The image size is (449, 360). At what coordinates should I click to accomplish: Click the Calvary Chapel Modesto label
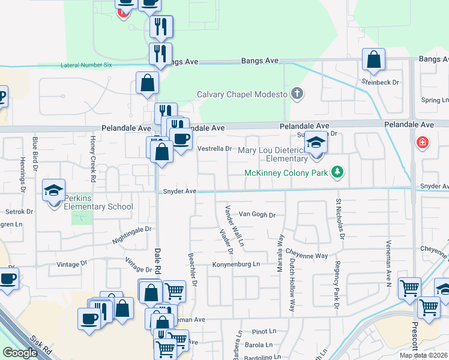(x=243, y=94)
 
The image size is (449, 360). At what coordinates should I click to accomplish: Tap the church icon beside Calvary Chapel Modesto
(x=297, y=94)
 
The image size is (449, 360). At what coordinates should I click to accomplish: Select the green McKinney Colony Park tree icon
(x=338, y=173)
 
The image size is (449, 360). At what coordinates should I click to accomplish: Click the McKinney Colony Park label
(x=286, y=173)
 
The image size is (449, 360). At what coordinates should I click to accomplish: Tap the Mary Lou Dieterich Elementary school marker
(x=316, y=143)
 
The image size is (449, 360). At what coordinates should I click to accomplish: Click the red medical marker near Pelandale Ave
(x=423, y=143)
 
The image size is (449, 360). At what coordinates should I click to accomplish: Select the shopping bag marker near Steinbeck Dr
(x=373, y=60)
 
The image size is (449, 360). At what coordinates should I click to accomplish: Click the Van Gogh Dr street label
(x=256, y=214)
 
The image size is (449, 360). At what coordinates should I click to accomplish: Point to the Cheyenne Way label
(x=306, y=256)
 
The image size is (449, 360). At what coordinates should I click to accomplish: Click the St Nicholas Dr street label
(x=340, y=219)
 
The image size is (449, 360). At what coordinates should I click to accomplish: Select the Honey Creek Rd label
(x=93, y=158)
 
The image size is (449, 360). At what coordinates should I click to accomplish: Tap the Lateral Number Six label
(x=86, y=65)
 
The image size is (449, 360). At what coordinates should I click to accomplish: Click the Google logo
(x=20, y=353)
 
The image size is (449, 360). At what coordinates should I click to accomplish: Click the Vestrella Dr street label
(x=214, y=148)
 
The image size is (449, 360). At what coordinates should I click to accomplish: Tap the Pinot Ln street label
(x=264, y=331)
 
